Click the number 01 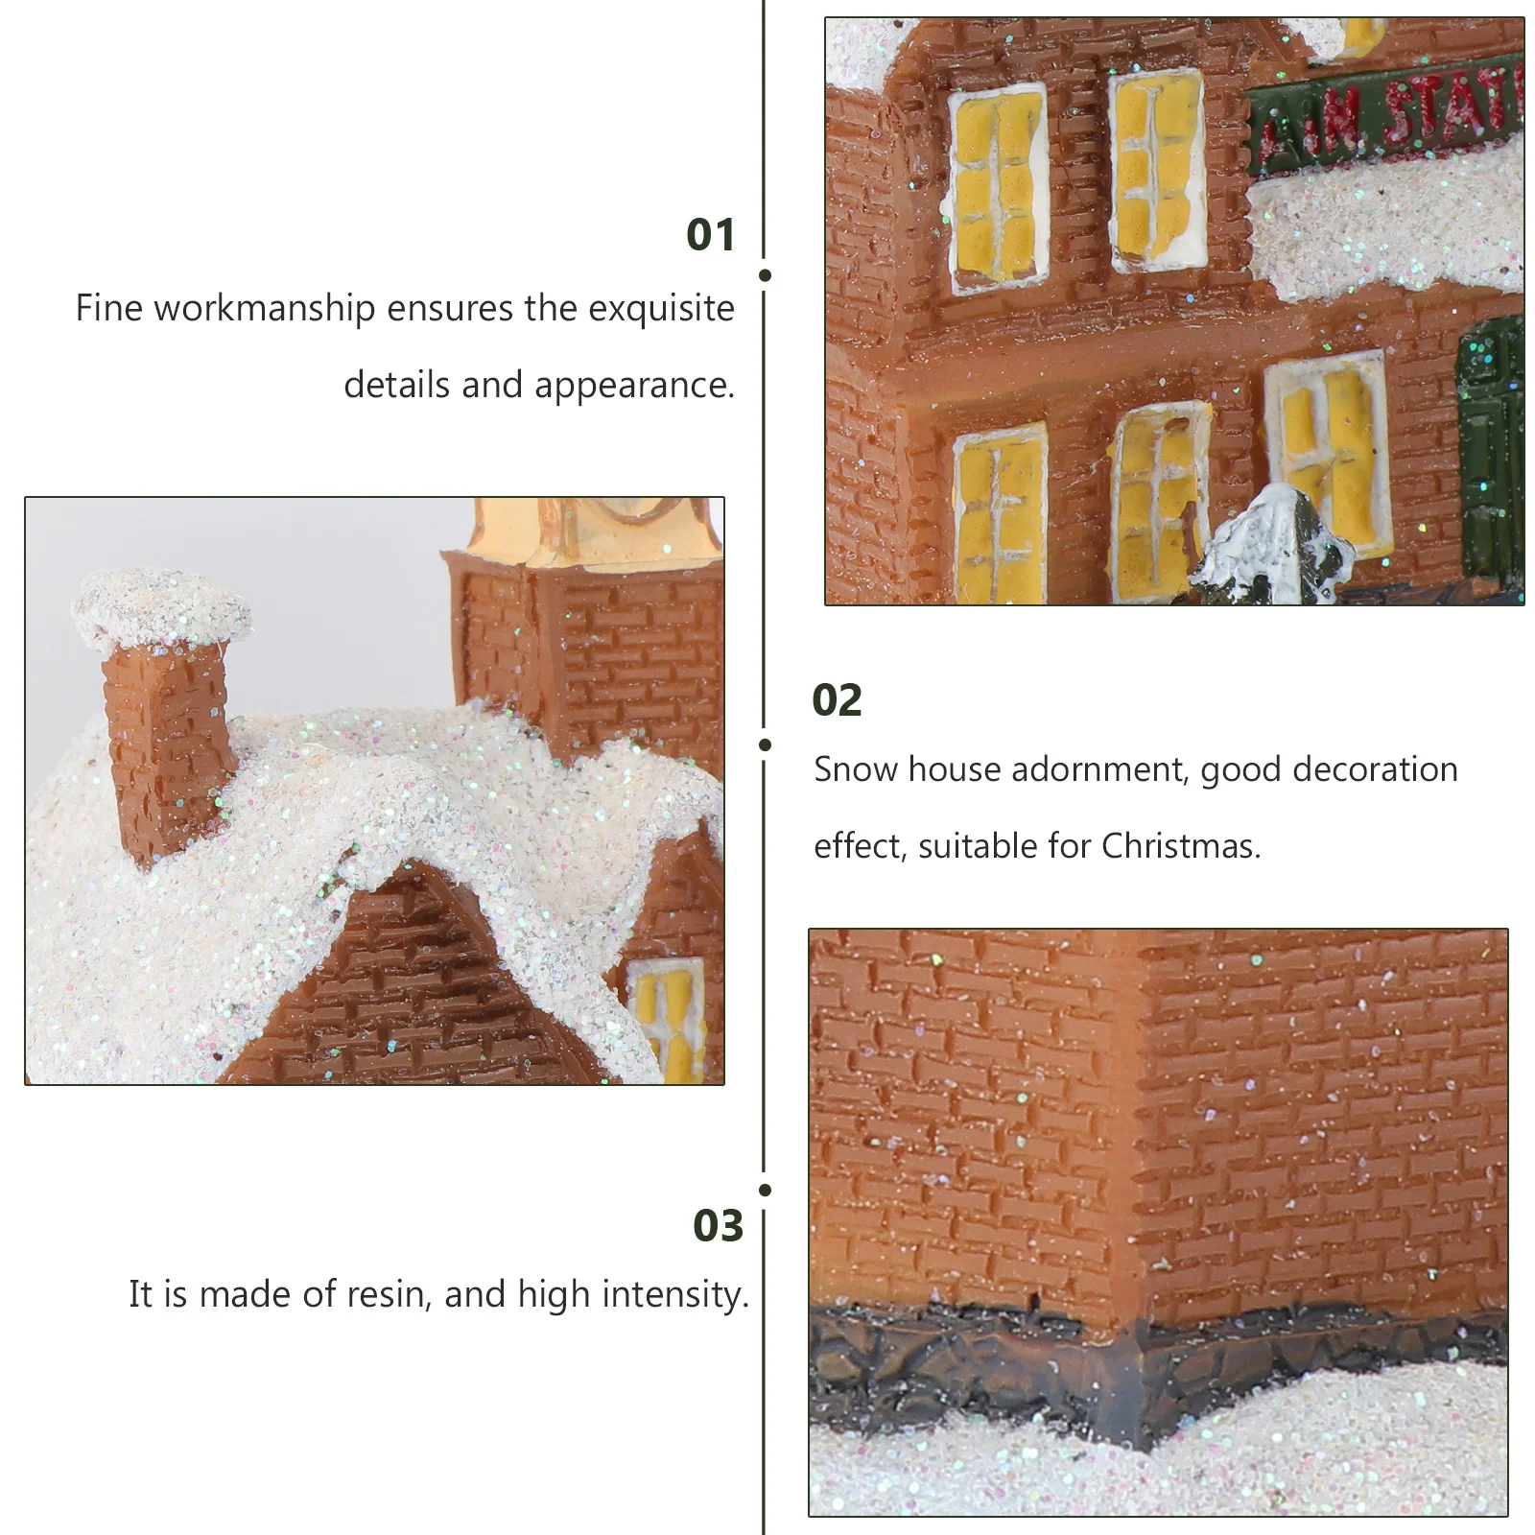(x=710, y=235)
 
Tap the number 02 (x=837, y=700)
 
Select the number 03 (x=718, y=1226)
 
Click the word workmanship (x=265, y=309)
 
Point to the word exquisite (x=661, y=309)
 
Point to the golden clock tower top (x=595, y=532)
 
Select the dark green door (x=1490, y=451)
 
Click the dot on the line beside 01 (x=765, y=275)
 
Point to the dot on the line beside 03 (x=765, y=1190)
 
